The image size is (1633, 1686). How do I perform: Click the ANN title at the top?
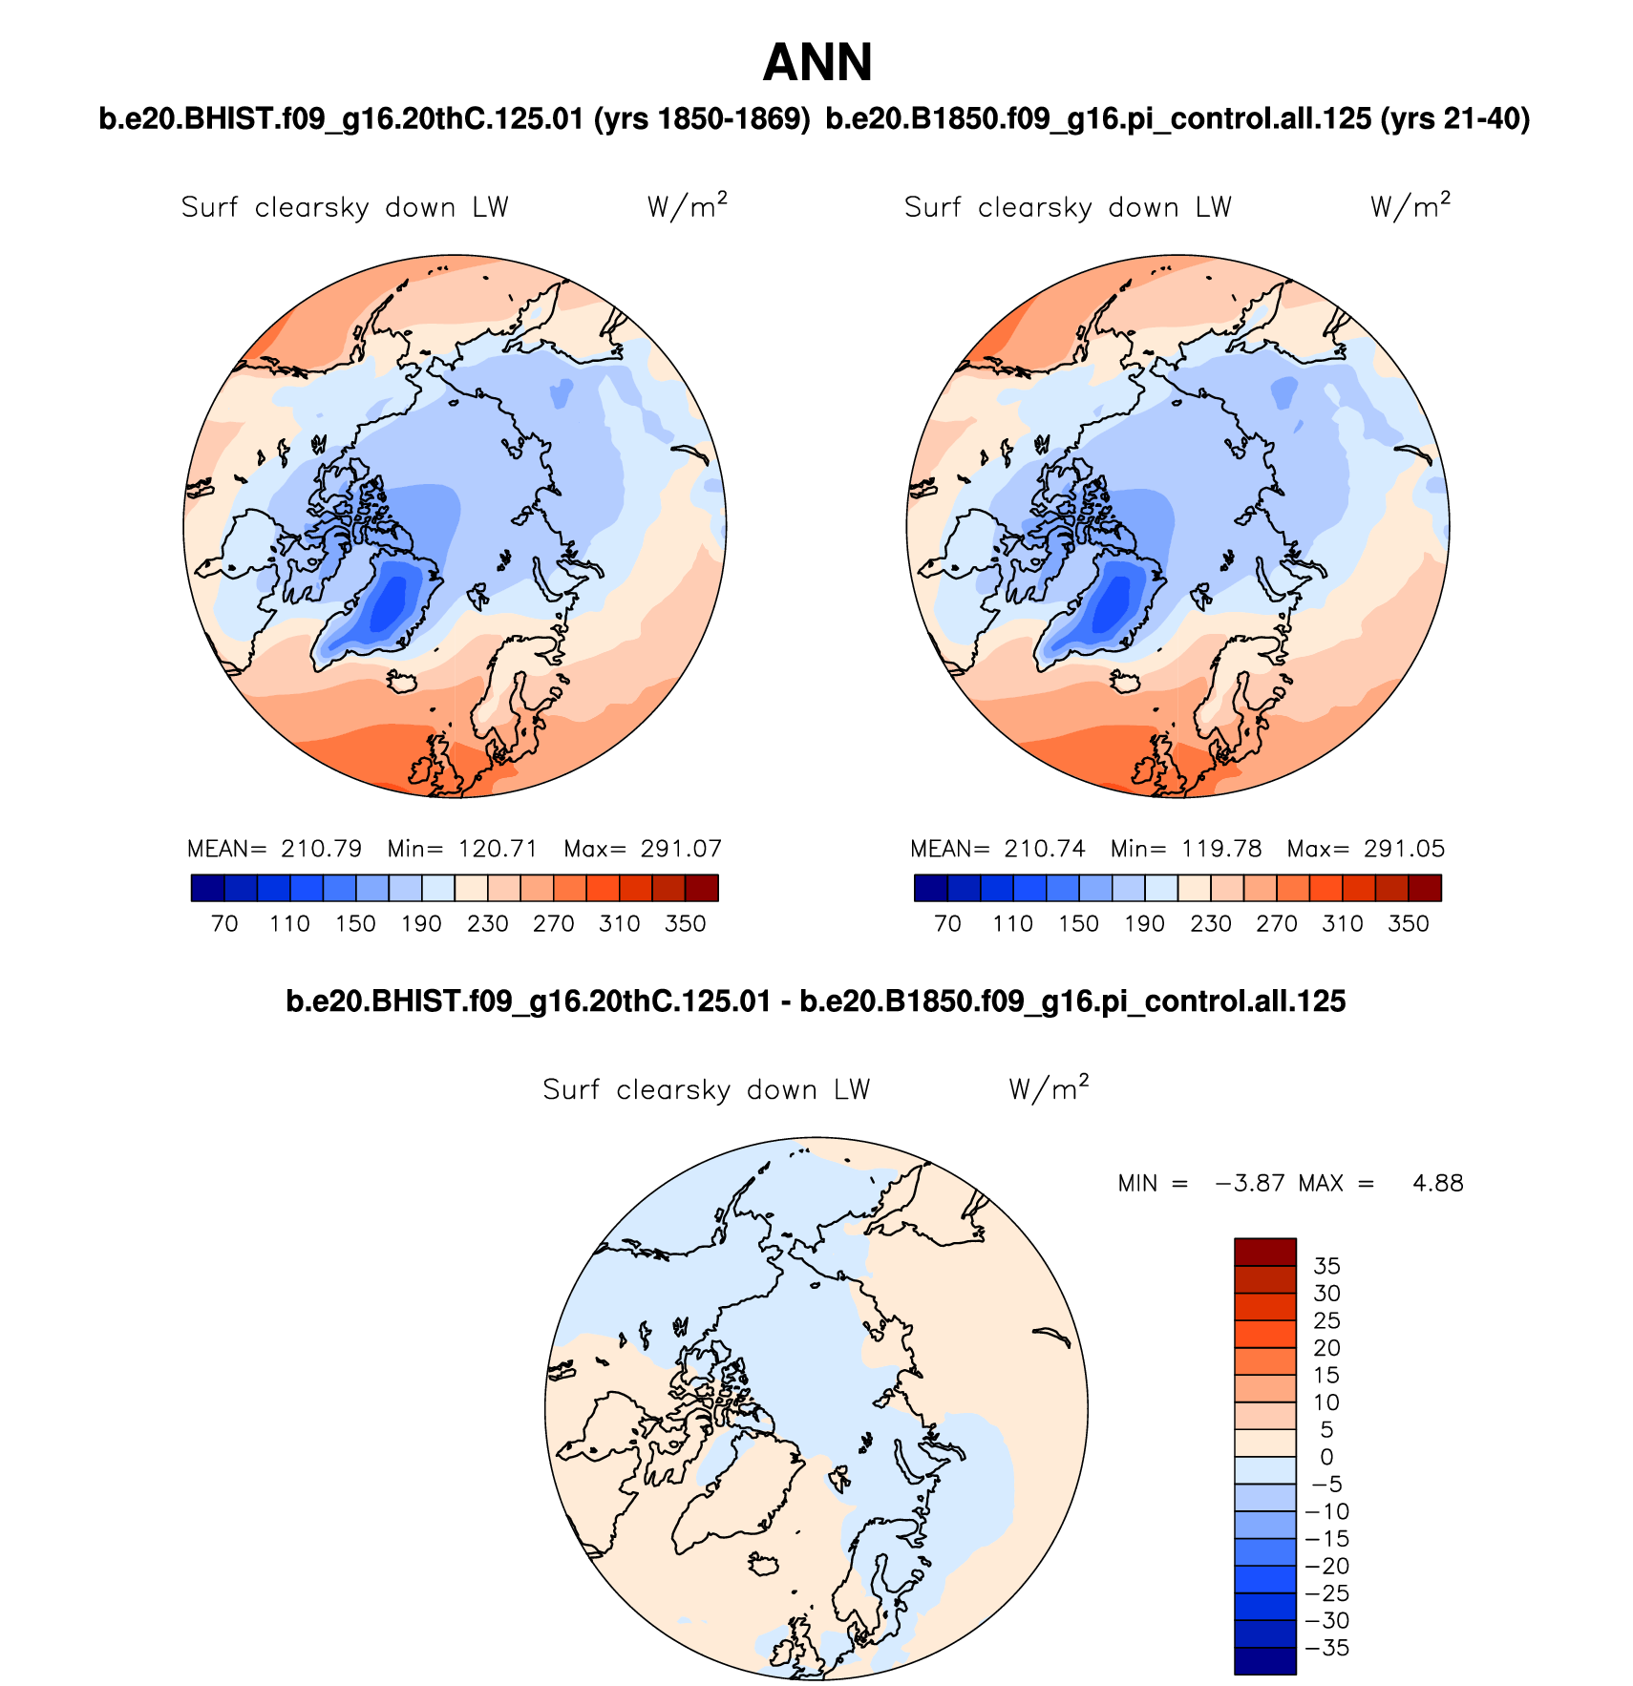pos(817,64)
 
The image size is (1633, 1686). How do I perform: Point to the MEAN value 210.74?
pos(1045,849)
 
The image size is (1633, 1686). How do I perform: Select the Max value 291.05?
pos(1404,849)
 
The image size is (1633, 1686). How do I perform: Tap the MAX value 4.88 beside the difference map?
pos(1437,1184)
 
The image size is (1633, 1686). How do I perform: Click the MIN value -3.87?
pos(1250,1184)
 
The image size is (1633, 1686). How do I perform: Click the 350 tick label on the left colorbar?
pos(685,924)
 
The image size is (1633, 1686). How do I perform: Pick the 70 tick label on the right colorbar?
pos(947,924)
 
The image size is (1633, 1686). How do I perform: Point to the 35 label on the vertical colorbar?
pos(1326,1266)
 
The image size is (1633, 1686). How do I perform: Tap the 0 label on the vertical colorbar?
pos(1326,1458)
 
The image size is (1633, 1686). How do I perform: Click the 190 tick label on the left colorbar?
pos(421,924)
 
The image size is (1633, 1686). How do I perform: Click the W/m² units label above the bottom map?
pos(1049,1088)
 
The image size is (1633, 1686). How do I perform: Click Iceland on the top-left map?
pos(404,682)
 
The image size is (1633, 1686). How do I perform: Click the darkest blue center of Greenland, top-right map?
pos(1112,606)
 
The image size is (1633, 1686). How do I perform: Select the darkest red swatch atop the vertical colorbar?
pos(1264,1252)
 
